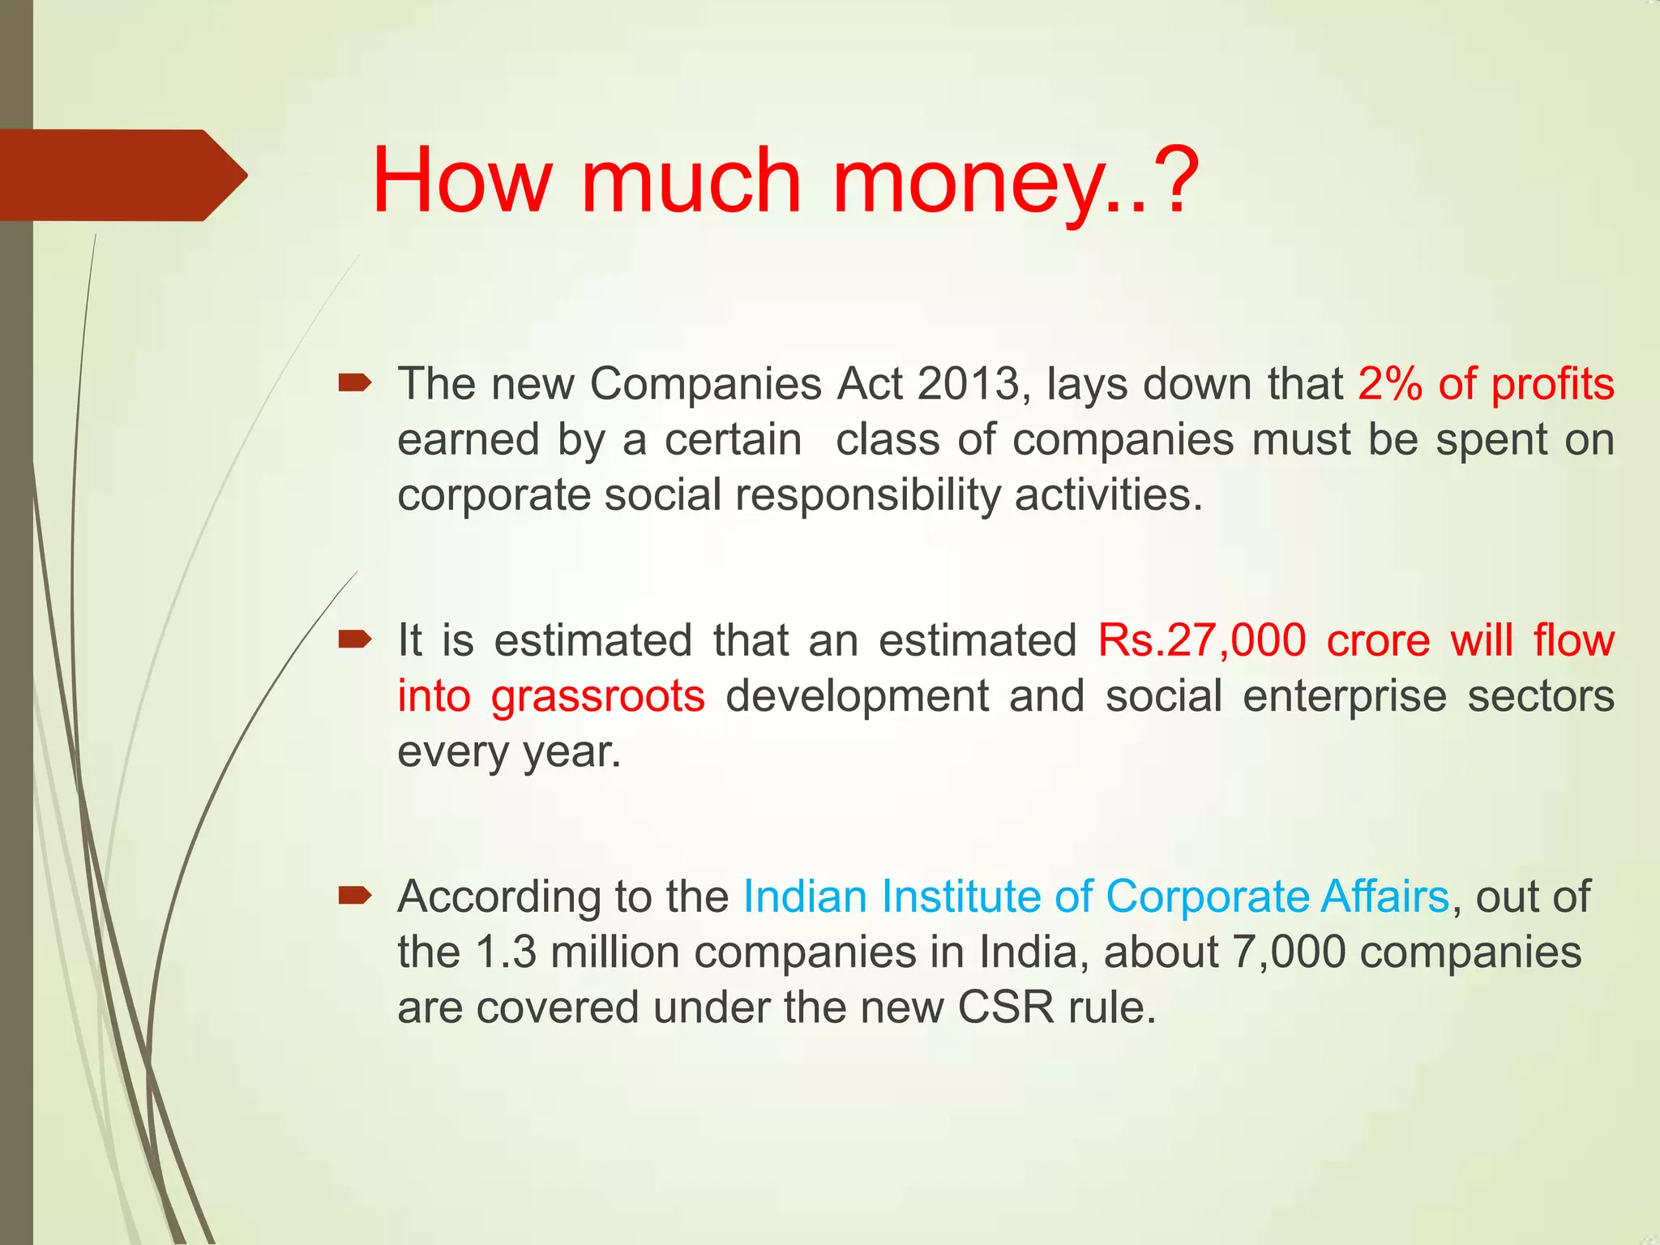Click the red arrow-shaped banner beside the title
(x=122, y=175)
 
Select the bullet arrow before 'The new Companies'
(x=355, y=383)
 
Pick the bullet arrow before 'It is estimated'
(x=355, y=640)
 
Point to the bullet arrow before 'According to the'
(x=355, y=896)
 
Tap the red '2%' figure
(x=1390, y=383)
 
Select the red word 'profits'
(x=1552, y=385)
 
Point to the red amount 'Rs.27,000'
(x=1201, y=640)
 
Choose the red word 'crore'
(x=1378, y=640)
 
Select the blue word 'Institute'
(x=961, y=896)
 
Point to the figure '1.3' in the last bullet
(x=506, y=952)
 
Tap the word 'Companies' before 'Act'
(x=706, y=383)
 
